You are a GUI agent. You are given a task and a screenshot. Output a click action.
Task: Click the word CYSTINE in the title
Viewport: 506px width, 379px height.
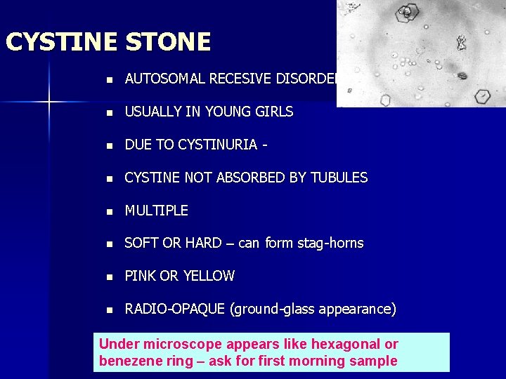pos(62,42)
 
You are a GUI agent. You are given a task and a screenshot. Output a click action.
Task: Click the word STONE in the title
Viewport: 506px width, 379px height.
pos(168,42)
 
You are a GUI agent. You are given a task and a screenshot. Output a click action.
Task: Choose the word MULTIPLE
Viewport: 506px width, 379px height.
pos(156,211)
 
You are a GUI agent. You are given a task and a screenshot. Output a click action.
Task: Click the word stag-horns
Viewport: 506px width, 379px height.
pos(330,244)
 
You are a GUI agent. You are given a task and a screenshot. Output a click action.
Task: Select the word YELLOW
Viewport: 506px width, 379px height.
pos(208,277)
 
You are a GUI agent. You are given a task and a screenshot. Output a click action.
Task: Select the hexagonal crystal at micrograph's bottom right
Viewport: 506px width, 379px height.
pos(483,96)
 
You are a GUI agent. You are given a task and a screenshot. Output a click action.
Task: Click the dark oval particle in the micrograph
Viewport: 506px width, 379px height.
pos(462,76)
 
